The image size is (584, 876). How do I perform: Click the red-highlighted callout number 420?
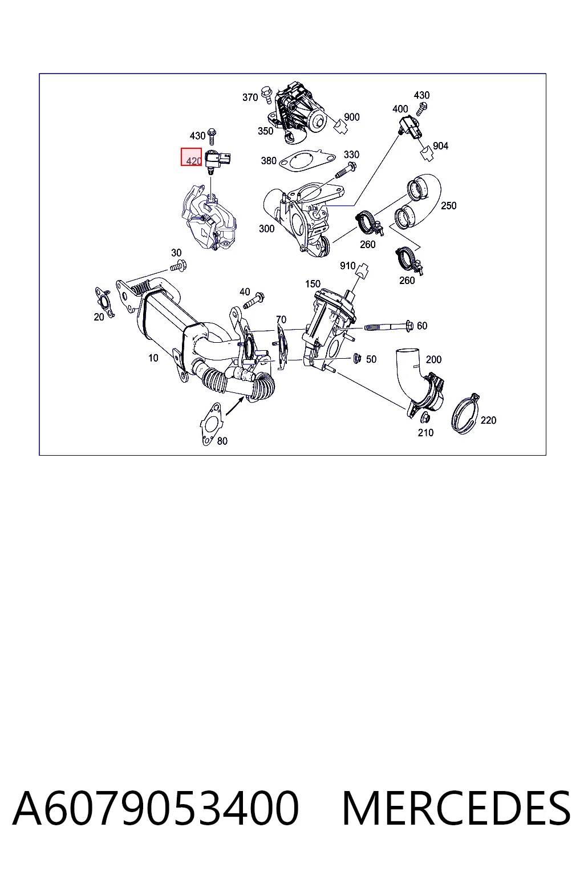point(194,161)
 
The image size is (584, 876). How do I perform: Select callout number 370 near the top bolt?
point(250,97)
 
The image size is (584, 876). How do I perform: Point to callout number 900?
point(352,117)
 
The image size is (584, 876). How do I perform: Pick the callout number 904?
point(440,146)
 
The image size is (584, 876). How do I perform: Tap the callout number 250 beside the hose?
point(448,206)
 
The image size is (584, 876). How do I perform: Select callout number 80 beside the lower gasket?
point(222,441)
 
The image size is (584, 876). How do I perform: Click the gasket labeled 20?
point(104,302)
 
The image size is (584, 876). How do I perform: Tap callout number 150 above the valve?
point(313,284)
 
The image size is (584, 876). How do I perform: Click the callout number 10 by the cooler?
point(153,358)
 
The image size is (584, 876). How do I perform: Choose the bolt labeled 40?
point(254,300)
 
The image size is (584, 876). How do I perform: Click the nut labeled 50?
point(357,358)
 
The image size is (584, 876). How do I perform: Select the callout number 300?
point(266,229)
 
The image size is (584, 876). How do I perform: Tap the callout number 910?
point(347,266)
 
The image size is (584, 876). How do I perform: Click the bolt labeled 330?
point(345,171)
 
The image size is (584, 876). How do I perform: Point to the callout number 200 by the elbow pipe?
point(433,359)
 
